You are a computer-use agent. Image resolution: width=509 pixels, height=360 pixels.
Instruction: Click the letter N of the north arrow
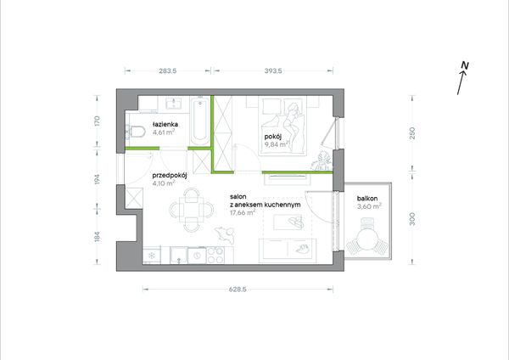[465, 65]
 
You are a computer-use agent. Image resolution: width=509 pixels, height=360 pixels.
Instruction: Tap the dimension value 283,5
[168, 70]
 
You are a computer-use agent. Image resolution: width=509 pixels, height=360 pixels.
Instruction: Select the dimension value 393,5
[273, 70]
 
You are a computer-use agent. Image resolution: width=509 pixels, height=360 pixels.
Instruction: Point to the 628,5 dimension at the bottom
[238, 290]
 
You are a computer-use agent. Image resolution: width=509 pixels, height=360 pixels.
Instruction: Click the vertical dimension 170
[97, 121]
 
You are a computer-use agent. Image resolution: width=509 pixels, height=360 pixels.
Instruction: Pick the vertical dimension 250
[412, 133]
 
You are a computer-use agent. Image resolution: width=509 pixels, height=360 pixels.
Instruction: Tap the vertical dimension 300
[412, 219]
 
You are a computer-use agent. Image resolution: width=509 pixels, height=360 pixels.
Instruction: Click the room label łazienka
[165, 124]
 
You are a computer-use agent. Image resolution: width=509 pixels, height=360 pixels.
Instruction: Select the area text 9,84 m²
[277, 144]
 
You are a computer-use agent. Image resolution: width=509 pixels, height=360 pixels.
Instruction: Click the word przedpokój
[170, 176]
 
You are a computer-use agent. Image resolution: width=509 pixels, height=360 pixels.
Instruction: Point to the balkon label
[367, 198]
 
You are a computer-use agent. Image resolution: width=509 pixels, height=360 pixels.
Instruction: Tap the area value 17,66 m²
[243, 213]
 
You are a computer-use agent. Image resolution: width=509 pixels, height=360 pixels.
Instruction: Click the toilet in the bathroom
[136, 132]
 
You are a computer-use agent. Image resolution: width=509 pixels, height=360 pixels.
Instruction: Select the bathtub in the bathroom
[200, 121]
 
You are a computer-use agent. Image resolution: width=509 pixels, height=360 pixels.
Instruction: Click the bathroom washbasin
[174, 104]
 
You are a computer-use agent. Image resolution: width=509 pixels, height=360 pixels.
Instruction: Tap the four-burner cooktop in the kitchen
[215, 255]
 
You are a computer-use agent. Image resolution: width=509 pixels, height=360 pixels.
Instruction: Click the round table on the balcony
[366, 239]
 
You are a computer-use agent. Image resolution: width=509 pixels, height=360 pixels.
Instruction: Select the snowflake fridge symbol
[152, 255]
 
